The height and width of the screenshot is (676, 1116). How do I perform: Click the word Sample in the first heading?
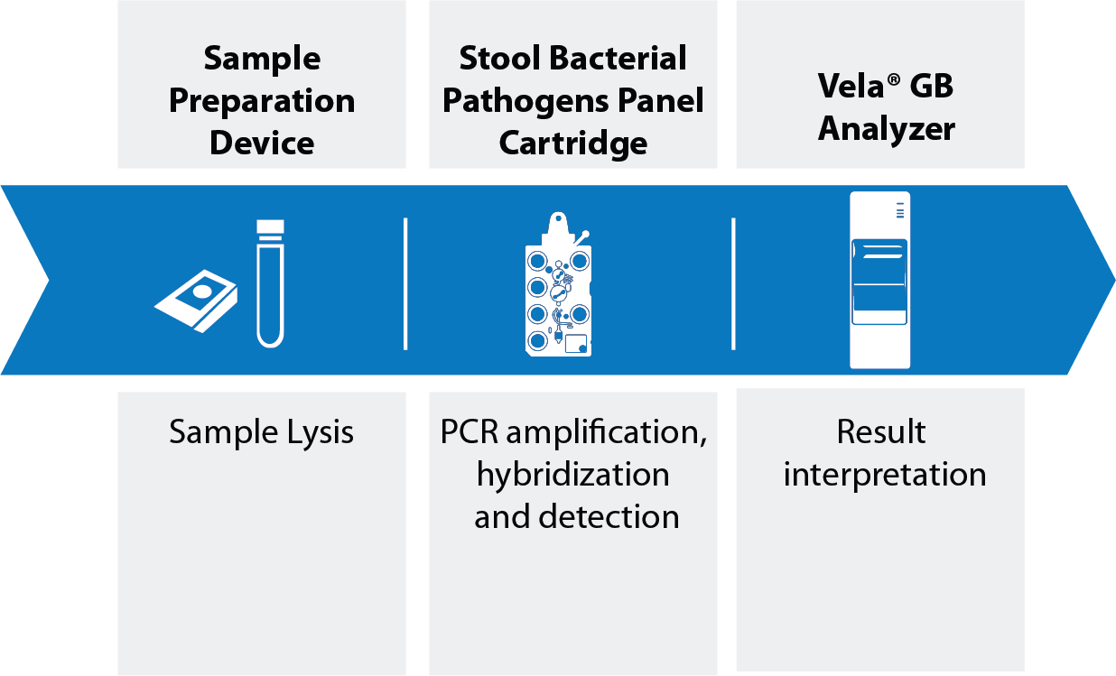click(262, 60)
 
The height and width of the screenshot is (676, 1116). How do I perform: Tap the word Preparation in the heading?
click(262, 102)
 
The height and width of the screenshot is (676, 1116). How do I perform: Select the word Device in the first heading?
click(262, 144)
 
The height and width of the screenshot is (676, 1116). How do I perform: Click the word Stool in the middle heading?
click(499, 59)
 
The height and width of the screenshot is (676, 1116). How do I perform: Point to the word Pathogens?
click(525, 102)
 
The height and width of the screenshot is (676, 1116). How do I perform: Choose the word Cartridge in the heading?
click(573, 144)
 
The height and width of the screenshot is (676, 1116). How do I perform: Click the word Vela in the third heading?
click(851, 86)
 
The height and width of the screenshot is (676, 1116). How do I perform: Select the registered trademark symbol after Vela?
click(893, 79)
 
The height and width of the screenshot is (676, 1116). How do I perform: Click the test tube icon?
click(271, 283)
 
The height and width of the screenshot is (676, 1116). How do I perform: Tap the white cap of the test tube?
click(271, 227)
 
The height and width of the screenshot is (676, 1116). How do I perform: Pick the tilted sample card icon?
click(196, 301)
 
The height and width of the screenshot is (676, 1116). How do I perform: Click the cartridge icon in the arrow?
click(559, 284)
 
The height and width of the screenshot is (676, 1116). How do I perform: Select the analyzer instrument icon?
click(879, 280)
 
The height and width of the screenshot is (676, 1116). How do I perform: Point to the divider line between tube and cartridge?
click(405, 283)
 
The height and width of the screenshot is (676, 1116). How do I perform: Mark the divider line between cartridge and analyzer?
click(733, 283)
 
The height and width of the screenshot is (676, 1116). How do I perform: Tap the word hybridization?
click(573, 474)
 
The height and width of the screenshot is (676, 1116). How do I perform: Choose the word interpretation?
click(885, 474)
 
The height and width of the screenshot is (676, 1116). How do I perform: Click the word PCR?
click(470, 431)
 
